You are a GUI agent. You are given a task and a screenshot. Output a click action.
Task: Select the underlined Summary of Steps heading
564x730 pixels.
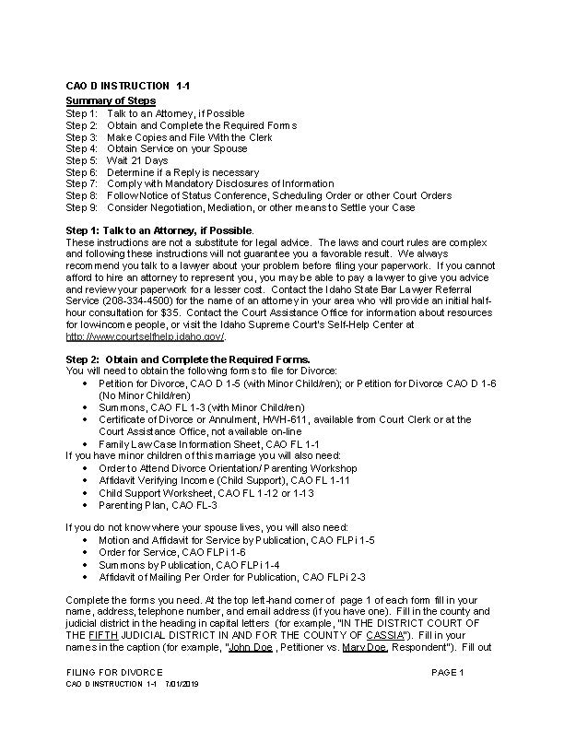click(111, 100)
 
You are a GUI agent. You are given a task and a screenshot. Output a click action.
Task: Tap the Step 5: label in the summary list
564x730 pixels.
click(82, 160)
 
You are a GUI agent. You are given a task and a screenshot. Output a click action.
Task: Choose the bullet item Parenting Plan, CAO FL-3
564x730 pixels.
click(158, 504)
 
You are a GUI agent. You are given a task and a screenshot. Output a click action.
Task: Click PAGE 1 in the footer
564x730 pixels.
click(447, 673)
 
